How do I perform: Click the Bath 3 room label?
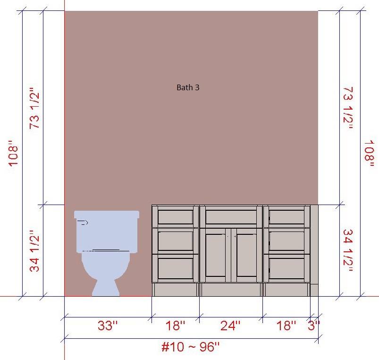[x=188, y=87]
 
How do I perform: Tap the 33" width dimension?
[x=108, y=326]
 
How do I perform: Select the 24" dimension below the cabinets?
[x=230, y=326]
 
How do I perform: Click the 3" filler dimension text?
[x=314, y=326]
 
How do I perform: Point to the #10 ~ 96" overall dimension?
[x=191, y=347]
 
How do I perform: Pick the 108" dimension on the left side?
[x=14, y=153]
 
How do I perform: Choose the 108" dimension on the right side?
[x=369, y=154]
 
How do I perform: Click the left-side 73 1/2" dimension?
[x=34, y=108]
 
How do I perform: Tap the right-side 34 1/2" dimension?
[x=348, y=250]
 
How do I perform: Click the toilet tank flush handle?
[x=83, y=223]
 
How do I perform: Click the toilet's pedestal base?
[x=106, y=288]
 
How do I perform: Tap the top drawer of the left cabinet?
[x=176, y=216]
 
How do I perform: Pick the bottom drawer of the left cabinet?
[x=176, y=268]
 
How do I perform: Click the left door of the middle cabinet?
[x=215, y=255]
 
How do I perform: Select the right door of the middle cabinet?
[x=246, y=255]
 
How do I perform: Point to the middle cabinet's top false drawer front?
[x=231, y=216]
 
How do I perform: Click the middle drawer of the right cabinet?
[x=286, y=241]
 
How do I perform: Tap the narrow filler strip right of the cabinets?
[x=314, y=250]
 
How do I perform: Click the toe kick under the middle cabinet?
[x=231, y=290]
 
